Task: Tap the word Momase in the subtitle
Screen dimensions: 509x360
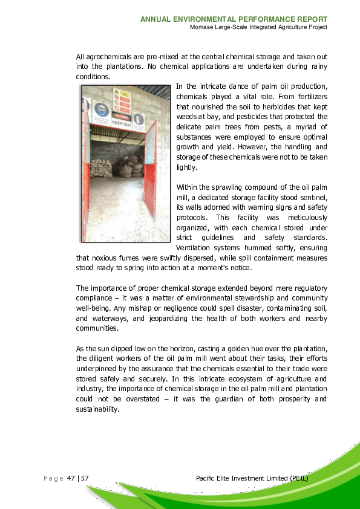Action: [200, 27]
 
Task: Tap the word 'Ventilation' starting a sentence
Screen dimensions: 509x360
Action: [194, 248]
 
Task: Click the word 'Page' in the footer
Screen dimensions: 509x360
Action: [53, 479]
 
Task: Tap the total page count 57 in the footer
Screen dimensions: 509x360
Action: [85, 479]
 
